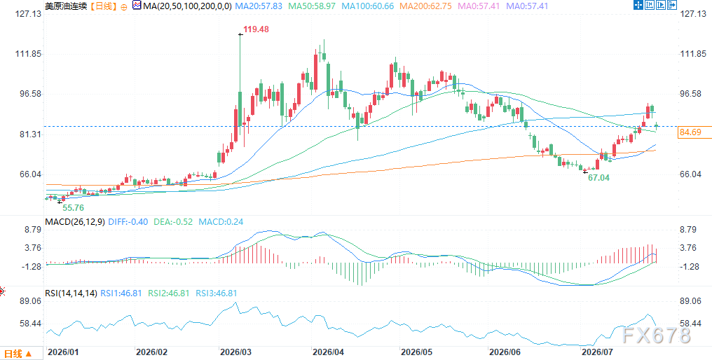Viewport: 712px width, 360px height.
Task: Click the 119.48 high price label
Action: pos(256,29)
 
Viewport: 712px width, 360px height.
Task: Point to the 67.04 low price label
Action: pos(599,178)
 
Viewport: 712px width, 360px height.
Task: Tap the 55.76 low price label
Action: pos(73,207)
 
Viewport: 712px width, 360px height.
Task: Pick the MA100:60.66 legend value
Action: pos(367,6)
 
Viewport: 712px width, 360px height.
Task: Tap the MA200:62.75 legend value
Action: pos(425,6)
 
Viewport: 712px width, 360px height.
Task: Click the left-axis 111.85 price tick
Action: pos(29,54)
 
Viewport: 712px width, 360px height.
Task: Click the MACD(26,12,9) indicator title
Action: pos(75,222)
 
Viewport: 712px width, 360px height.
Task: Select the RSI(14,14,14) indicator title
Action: pos(71,293)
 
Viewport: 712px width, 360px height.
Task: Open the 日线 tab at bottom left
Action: pos(18,354)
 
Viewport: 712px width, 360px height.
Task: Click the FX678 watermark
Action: pos(657,335)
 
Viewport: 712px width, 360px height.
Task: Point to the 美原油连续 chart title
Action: pos(66,6)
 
